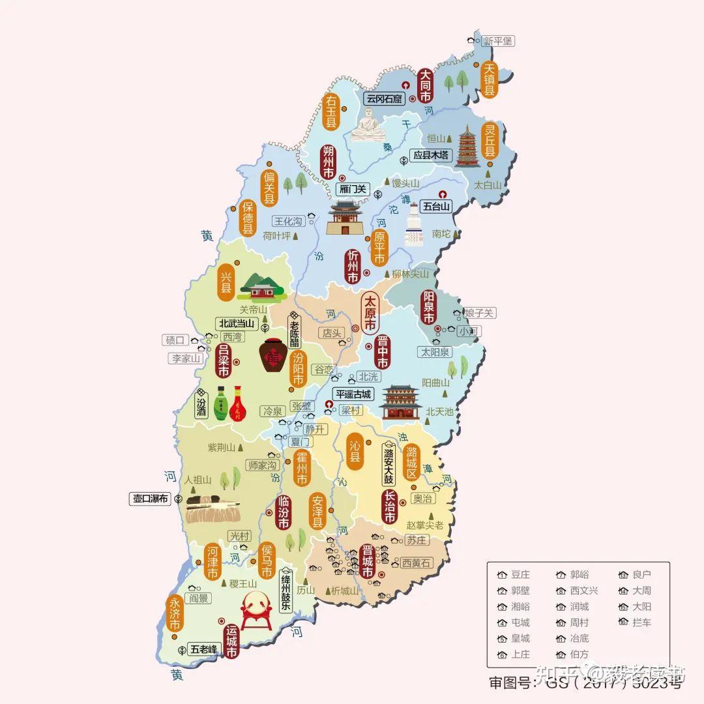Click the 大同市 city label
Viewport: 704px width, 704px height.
(425, 85)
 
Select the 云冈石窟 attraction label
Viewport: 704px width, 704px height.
(384, 99)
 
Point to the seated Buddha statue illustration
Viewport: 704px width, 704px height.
(369, 125)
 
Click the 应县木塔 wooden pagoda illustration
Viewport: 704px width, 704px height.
(467, 147)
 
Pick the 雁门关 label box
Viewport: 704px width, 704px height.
(353, 190)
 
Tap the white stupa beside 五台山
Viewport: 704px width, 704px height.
(415, 225)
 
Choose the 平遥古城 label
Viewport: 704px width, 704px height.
(352, 394)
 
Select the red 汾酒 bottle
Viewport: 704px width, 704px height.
(238, 403)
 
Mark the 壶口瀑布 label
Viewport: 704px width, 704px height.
(150, 499)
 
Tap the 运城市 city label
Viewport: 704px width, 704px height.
(231, 641)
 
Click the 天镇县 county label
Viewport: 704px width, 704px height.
(489, 80)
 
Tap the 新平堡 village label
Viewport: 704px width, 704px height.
(498, 40)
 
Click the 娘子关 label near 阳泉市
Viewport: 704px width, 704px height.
(479, 314)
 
